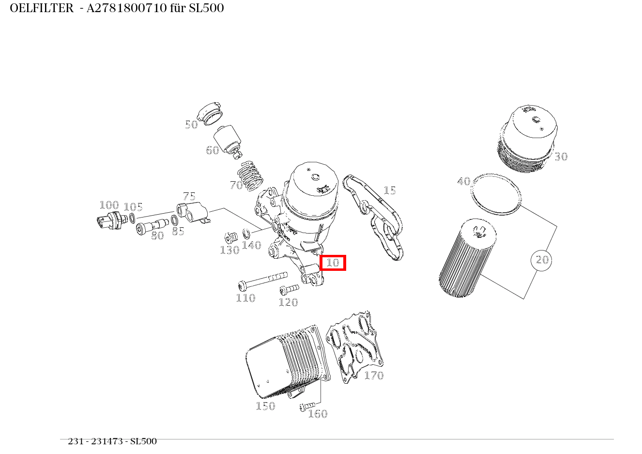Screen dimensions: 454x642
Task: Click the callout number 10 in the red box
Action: coord(333,263)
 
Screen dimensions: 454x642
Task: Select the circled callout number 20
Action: coord(541,260)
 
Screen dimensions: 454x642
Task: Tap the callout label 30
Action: coord(561,157)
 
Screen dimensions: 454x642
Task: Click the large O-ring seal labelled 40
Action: coord(497,193)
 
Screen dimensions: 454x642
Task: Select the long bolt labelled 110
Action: coord(262,281)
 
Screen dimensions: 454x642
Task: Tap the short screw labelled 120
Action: coord(289,289)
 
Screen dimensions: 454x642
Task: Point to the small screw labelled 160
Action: coord(307,406)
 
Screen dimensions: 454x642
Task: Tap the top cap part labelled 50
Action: coord(212,113)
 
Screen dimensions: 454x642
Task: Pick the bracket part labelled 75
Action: coord(192,212)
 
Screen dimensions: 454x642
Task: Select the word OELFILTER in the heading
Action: coord(41,8)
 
